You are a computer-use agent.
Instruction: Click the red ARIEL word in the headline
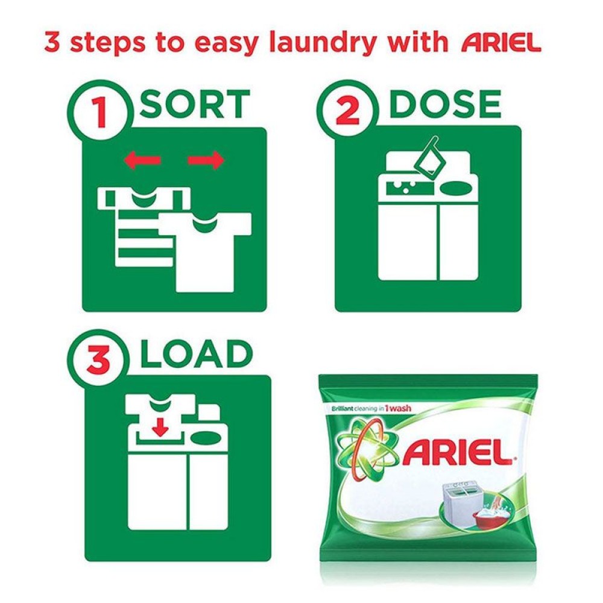point(500,43)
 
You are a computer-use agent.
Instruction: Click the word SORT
point(194,105)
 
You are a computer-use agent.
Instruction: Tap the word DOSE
point(445,105)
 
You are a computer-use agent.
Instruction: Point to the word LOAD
point(195,355)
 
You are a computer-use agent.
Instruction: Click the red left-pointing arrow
point(142,160)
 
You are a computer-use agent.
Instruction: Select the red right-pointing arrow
point(206,160)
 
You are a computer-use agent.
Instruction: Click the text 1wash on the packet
point(397,409)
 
